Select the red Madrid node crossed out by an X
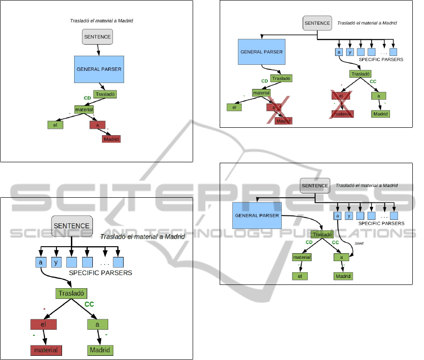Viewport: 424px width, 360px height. pyautogui.click(x=283, y=121)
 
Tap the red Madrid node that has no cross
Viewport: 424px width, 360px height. pyautogui.click(x=111, y=139)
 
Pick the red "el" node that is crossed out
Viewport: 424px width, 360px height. pyautogui.click(x=341, y=96)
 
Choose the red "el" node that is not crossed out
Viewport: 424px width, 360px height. pyautogui.click(x=43, y=324)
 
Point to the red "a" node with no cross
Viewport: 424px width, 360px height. pyautogui.click(x=97, y=125)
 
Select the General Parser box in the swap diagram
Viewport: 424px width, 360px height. pyautogui.click(x=257, y=216)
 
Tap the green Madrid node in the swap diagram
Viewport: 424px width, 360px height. pyautogui.click(x=343, y=276)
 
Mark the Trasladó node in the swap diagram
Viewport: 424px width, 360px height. pyautogui.click(x=322, y=235)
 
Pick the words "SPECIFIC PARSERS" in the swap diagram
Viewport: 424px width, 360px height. pyautogui.click(x=381, y=223)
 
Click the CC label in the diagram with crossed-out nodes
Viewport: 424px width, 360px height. pyautogui.click(x=373, y=82)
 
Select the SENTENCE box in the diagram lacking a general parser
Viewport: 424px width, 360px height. pyautogui.click(x=72, y=226)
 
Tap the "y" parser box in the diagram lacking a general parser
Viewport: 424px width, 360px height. pyautogui.click(x=56, y=262)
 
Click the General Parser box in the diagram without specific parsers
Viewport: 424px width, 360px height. pyautogui.click(x=99, y=69)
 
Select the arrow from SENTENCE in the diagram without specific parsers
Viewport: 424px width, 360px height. pyautogui.click(x=98, y=50)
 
